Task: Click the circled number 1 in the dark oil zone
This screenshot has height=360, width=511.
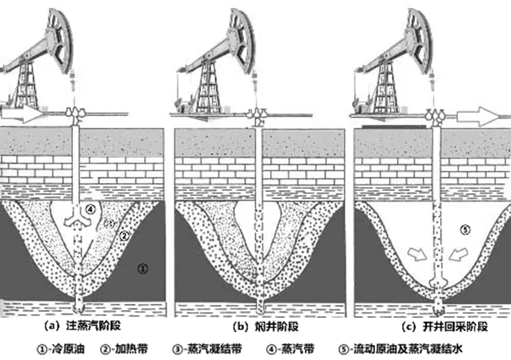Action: pos(143,269)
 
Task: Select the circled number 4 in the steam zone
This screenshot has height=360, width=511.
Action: pos(91,210)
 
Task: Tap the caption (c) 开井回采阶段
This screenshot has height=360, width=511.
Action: pos(445,327)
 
